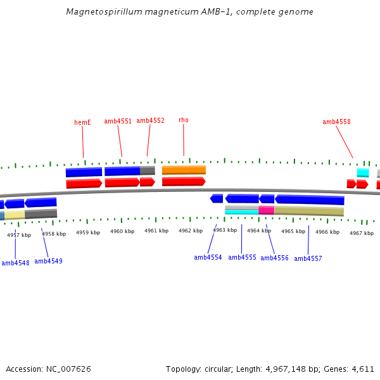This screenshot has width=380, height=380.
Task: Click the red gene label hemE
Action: [x=82, y=122]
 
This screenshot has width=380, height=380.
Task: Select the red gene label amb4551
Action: [x=118, y=121]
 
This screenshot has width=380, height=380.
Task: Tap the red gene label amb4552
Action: [x=150, y=120]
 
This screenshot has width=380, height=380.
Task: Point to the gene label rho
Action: [x=183, y=120]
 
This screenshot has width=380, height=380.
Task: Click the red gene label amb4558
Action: [x=336, y=122]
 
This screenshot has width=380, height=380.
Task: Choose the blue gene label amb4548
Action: [x=15, y=263]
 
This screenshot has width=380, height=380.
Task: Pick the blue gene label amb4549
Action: [x=48, y=261]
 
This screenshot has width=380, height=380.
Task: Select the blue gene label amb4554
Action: [x=208, y=257]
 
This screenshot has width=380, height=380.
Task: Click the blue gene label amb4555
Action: [x=242, y=257]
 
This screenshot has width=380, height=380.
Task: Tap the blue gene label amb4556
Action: [x=274, y=258]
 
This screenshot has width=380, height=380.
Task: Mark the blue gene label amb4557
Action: [x=308, y=258]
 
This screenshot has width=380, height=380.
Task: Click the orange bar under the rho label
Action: [x=184, y=170]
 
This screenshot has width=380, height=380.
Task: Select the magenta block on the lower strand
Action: [x=266, y=210]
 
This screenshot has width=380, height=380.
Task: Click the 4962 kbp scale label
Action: [x=190, y=231]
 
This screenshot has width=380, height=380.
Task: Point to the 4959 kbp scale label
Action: [x=88, y=232]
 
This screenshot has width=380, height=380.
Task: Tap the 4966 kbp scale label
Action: [x=327, y=232]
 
